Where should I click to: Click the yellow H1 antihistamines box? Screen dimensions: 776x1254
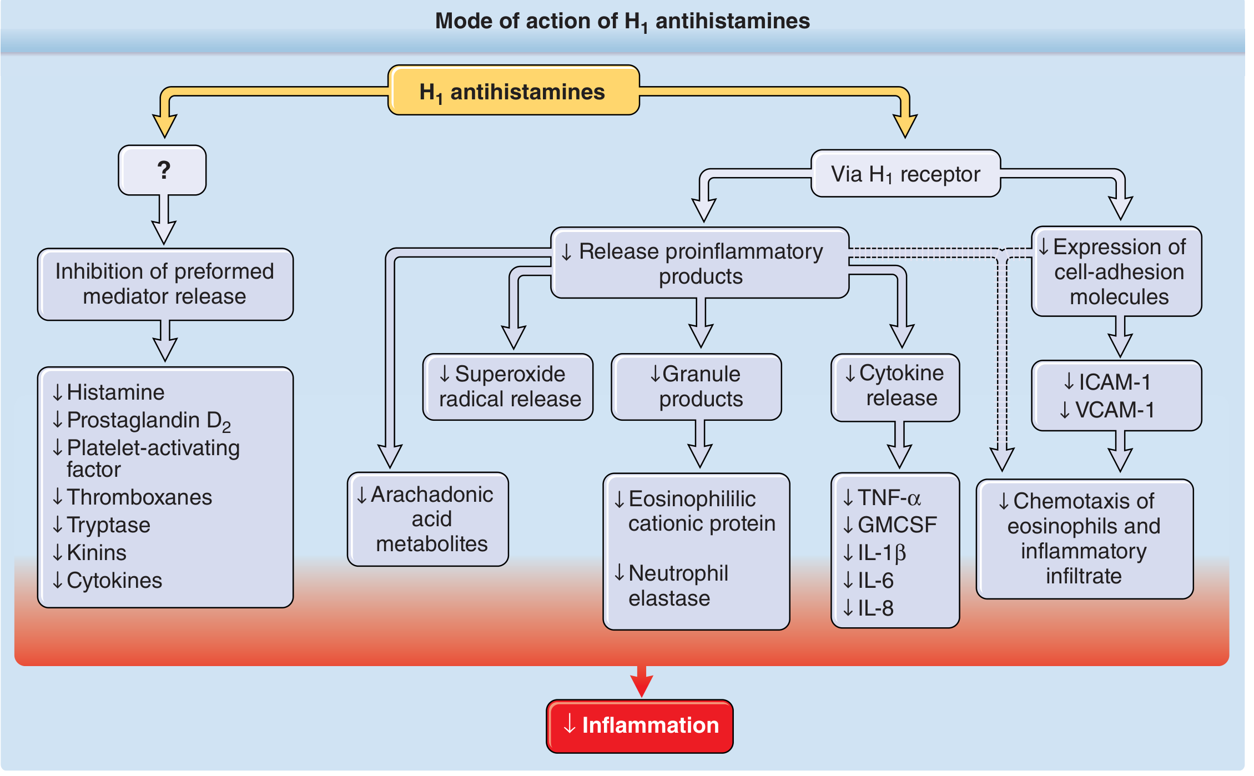coord(513,90)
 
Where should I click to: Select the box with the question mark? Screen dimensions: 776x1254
coord(162,170)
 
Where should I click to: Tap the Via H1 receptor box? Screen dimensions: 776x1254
coord(905,174)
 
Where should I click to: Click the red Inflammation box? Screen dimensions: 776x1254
coord(639,725)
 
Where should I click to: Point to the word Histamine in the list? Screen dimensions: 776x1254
coord(115,392)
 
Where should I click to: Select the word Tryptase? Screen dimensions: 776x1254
coord(108,525)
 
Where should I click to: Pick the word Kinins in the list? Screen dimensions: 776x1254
coord(97,553)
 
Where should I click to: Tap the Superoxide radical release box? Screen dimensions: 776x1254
coord(508,387)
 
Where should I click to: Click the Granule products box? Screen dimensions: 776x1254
coord(696,387)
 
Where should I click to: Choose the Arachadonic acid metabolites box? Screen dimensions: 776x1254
coord(428,519)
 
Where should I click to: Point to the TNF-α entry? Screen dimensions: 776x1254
coord(889,498)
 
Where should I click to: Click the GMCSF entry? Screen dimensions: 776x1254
coord(896,525)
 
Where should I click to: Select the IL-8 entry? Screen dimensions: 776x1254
coord(875,608)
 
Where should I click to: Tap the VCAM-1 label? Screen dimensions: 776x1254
coord(1114,410)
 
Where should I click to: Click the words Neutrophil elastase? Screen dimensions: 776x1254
coord(677,586)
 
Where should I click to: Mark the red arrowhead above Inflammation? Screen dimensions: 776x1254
coord(641,685)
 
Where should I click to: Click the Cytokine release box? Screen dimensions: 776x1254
coord(895,387)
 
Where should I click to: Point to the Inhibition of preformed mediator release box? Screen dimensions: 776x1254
coord(165,284)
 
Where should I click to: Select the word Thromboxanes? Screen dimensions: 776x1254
coord(139,497)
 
